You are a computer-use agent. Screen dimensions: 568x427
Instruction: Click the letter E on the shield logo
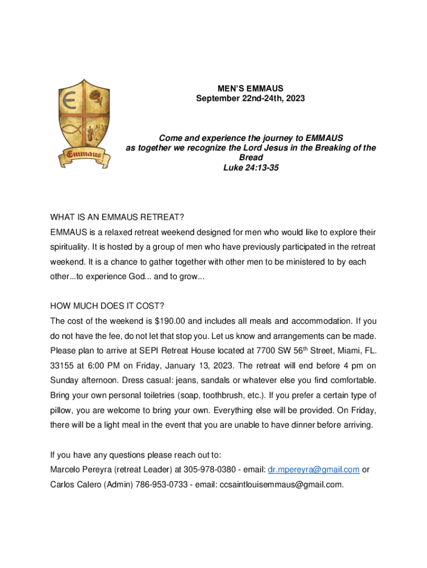pos(69,102)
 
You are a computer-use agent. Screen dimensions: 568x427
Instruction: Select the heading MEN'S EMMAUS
pos(250,88)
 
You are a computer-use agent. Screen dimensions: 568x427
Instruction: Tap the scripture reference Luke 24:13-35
pos(250,168)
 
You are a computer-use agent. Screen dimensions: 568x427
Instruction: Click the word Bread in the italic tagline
pos(251,158)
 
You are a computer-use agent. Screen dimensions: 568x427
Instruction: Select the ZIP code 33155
pos(62,366)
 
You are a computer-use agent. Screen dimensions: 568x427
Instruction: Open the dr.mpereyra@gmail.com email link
pos(313,470)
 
